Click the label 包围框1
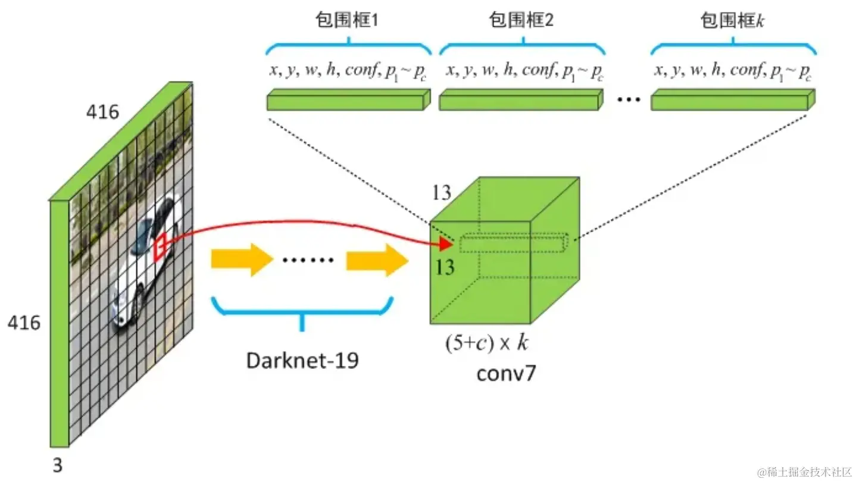tap(348, 21)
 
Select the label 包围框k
tap(732, 21)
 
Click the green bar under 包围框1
tap(348, 102)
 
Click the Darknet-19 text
tap(303, 359)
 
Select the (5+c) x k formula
tap(487, 343)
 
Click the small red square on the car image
tap(160, 247)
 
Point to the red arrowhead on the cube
tap(445, 243)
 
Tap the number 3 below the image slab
tap(57, 465)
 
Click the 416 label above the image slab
tap(102, 111)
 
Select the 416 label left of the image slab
tap(24, 323)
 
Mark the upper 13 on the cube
tap(442, 193)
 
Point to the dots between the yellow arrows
tap(309, 260)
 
